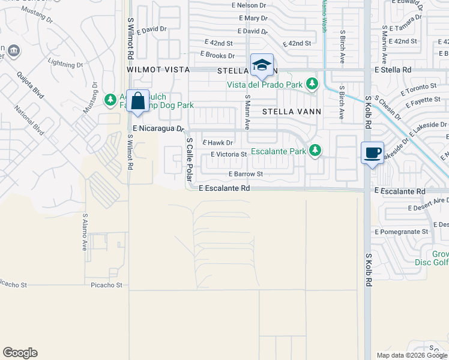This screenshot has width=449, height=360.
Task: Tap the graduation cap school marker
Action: (x=262, y=65)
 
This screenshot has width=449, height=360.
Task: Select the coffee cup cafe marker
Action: (x=372, y=153)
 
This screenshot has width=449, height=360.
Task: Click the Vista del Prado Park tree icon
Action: (x=312, y=85)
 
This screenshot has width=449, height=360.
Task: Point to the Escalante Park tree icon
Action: (x=315, y=151)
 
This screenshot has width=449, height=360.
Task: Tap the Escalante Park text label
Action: (x=279, y=151)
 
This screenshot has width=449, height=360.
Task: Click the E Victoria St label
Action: (x=229, y=154)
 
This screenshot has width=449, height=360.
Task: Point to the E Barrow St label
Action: (x=246, y=174)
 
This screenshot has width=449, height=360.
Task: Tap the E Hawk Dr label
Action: (x=217, y=142)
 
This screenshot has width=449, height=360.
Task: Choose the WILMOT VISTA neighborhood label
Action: (x=158, y=70)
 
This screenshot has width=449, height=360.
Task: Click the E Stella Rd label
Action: (x=393, y=70)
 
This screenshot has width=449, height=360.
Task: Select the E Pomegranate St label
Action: (x=401, y=231)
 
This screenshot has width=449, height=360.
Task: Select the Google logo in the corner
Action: (x=20, y=353)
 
